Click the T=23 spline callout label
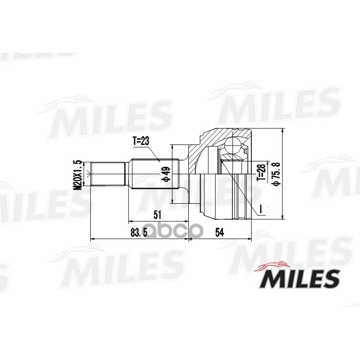141,141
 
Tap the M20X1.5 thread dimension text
78,175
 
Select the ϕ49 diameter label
167,174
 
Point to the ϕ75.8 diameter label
275,173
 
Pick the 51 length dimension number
158,215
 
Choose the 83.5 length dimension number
139,233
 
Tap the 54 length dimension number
219,233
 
